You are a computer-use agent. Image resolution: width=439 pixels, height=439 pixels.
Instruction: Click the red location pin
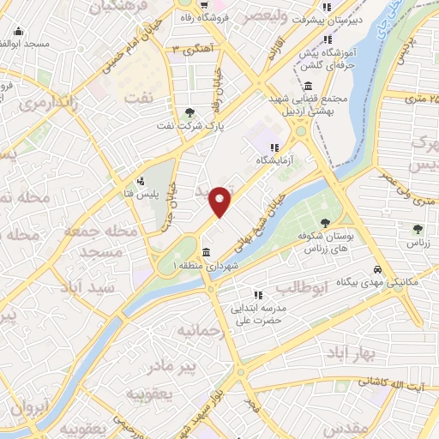click(x=220, y=201)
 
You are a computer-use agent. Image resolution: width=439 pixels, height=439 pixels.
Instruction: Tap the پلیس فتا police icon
click(x=141, y=181)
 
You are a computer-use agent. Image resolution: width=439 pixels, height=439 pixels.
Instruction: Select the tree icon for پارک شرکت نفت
click(x=189, y=111)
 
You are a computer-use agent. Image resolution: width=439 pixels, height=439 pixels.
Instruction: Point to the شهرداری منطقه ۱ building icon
click(x=207, y=252)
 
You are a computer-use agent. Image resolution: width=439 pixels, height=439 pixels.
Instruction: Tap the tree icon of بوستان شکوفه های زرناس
click(x=325, y=223)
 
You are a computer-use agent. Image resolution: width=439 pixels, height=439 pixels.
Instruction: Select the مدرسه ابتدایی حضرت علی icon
click(x=257, y=295)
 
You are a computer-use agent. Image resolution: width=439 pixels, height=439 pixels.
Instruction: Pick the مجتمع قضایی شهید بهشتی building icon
click(x=308, y=86)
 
